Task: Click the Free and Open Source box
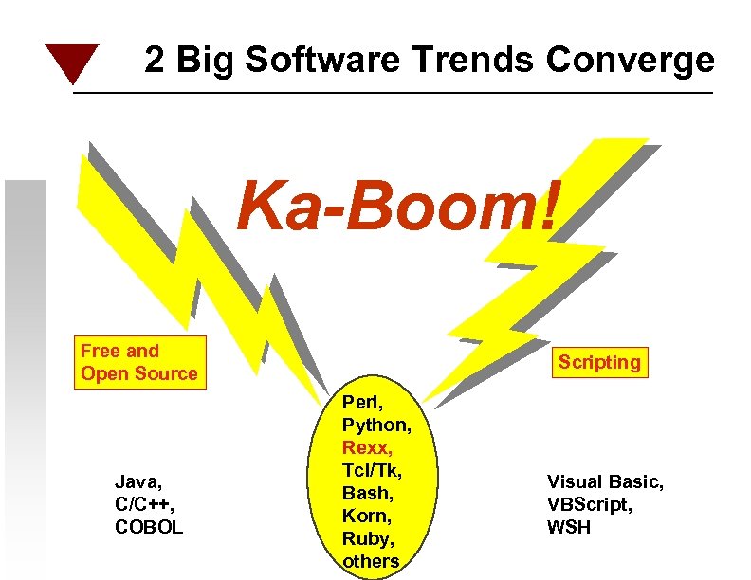(x=139, y=362)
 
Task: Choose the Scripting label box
(x=599, y=362)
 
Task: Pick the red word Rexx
(x=365, y=447)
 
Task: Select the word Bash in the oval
(x=366, y=493)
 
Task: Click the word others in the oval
(x=371, y=561)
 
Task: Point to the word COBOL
(x=149, y=527)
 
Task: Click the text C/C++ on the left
(x=142, y=504)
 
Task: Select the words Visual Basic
(x=605, y=482)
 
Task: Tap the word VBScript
(x=589, y=504)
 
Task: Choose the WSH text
(x=568, y=527)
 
